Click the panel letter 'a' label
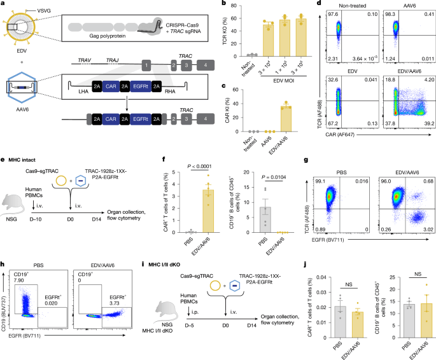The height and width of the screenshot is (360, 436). tap(3, 4)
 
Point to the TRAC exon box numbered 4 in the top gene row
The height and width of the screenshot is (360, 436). tap(207, 66)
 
